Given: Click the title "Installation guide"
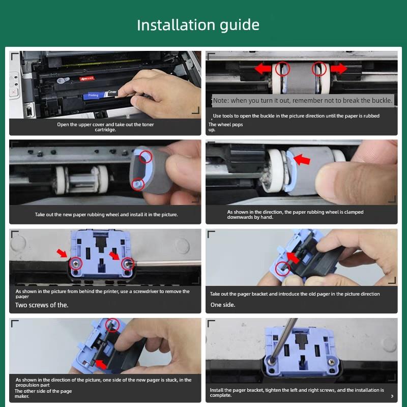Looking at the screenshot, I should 198,25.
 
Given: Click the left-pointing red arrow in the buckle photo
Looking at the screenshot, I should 263,69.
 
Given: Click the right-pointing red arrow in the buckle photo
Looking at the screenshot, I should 339,68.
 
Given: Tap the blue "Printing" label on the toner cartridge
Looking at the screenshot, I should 94,95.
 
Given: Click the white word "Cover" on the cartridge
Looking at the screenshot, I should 112,93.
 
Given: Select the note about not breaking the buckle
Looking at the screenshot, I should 303,101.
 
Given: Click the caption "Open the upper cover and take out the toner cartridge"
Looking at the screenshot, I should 105,127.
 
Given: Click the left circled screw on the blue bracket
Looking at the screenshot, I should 76,263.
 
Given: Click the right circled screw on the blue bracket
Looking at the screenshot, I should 128,263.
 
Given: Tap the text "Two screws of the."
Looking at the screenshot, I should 42,305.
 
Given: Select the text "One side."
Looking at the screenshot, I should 223,305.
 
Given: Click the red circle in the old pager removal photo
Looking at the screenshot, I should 282,268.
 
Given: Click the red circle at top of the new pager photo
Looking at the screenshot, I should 112,324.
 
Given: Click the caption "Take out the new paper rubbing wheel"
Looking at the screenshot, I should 106,215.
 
